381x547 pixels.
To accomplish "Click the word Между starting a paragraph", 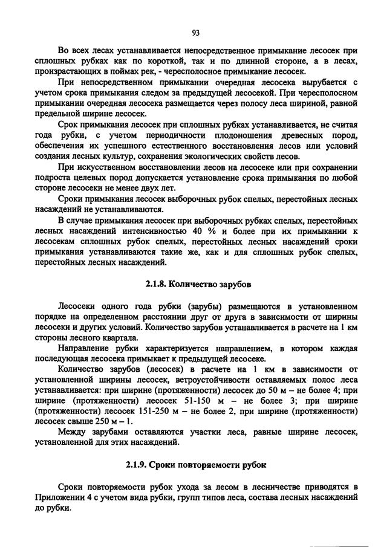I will pos(72,432).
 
